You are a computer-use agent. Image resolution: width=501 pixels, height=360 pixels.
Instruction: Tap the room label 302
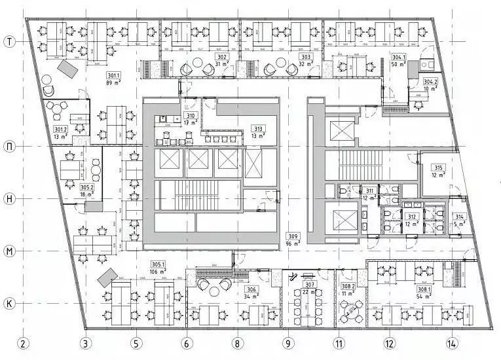[x=222, y=58]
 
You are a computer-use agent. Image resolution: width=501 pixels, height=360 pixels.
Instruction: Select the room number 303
[x=305, y=58]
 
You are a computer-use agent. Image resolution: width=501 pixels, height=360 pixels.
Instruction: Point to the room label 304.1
[x=399, y=58]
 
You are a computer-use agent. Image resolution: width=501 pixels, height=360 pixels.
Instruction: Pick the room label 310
[x=190, y=116]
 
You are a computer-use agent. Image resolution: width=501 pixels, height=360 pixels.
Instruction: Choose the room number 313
[x=259, y=129]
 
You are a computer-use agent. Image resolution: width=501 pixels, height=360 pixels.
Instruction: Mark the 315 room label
[x=438, y=168]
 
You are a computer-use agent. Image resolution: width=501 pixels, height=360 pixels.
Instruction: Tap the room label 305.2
[x=87, y=187]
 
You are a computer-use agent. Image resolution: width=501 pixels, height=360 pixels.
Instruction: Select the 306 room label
[x=251, y=289]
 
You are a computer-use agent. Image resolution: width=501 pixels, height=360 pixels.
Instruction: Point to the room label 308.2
[x=348, y=287]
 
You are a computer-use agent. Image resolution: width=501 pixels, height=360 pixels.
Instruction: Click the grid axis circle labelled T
[x=10, y=41]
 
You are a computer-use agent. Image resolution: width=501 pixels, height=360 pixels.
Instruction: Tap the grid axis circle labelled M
[x=10, y=251]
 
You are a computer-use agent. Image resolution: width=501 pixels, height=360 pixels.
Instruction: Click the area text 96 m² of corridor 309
[x=293, y=243]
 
